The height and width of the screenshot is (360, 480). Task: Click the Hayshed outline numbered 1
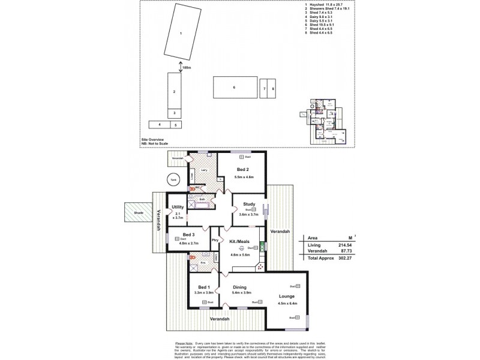(182, 33)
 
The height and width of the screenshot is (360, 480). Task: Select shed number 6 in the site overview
(235, 88)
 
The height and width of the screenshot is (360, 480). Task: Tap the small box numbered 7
(263, 88)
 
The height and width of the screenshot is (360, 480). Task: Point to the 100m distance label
(187, 68)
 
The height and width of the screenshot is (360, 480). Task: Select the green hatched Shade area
(139, 212)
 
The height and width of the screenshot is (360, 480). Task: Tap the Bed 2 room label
(242, 170)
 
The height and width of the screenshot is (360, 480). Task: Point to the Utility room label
(178, 207)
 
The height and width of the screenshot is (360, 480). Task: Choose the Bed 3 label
(188, 234)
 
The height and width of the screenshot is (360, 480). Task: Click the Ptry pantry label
(214, 240)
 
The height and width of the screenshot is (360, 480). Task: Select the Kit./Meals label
(240, 241)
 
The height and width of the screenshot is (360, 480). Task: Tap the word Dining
(240, 287)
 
